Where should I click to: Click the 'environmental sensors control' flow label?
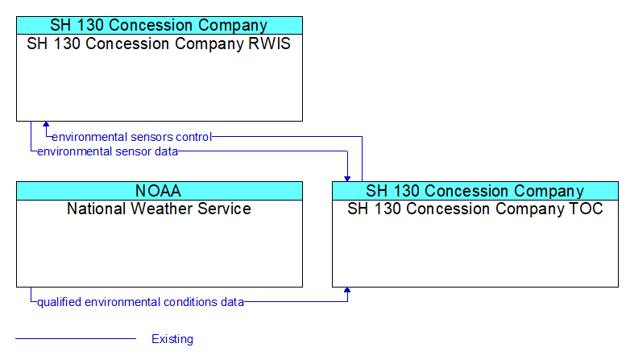tap(132, 137)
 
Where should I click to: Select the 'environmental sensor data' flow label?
tap(107, 151)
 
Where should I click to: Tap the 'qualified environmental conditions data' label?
tap(140, 302)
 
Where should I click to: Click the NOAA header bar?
tap(160, 191)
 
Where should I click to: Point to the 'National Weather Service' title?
tap(159, 209)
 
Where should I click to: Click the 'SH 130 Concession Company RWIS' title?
tap(159, 43)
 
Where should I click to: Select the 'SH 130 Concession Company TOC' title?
tap(475, 209)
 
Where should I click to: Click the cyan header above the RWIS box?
tap(160, 25)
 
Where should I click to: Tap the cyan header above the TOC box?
tap(475, 191)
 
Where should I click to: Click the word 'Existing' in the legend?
tap(172, 339)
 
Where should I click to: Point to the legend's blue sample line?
tap(76, 339)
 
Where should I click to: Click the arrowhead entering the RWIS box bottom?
tap(46, 124)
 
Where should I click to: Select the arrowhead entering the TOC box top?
tap(347, 179)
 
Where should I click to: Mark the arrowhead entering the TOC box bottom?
tap(347, 290)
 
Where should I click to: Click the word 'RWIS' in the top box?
tap(270, 43)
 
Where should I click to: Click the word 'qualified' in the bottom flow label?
tap(59, 302)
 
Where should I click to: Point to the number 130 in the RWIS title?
tap(67, 43)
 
